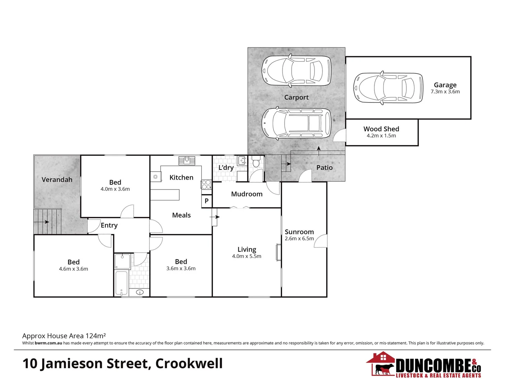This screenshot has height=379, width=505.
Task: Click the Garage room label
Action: [x=445, y=85]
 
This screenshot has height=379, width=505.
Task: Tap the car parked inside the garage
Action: [x=388, y=88]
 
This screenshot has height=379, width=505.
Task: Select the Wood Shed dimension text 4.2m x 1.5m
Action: [x=381, y=136]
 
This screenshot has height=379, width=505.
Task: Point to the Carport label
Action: [x=296, y=98]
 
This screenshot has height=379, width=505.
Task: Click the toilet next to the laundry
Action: [x=256, y=162]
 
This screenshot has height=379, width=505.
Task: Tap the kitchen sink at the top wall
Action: [x=187, y=160]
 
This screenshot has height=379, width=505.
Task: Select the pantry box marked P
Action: [x=207, y=201]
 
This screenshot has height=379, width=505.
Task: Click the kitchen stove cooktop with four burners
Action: [x=206, y=184]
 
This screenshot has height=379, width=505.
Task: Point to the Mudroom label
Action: [x=247, y=194]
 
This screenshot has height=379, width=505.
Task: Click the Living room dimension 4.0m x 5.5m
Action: [x=246, y=257]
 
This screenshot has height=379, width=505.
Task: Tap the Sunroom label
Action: [x=299, y=232]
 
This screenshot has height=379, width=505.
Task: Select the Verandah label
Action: [x=57, y=180]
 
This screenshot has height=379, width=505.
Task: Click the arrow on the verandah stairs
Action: [x=45, y=222]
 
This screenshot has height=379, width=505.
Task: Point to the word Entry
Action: [x=109, y=225]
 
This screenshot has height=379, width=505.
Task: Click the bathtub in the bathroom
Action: [x=121, y=283]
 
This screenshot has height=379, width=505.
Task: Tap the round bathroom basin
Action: [x=140, y=292]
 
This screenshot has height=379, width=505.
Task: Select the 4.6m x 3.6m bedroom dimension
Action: [x=73, y=269]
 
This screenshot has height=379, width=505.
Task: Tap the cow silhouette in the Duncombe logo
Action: [x=384, y=369]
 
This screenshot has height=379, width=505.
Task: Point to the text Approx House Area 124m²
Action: [x=64, y=336]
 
